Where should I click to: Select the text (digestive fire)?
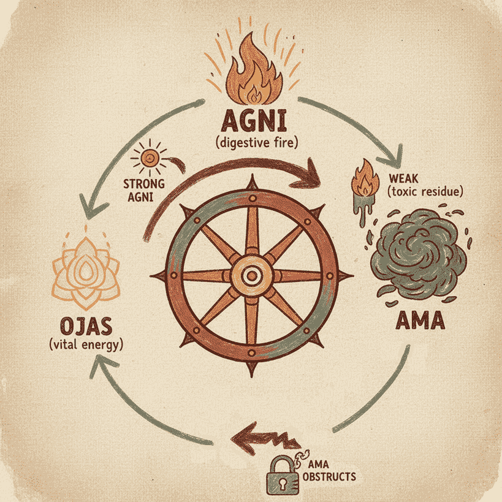tap(251, 145)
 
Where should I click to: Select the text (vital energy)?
tap(85, 344)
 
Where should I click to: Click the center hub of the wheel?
tap(251, 275)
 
